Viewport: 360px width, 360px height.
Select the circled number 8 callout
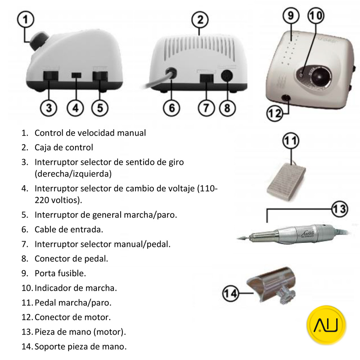(x=227, y=108)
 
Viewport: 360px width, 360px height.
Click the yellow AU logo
(x=327, y=325)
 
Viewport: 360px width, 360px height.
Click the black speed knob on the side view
(x=37, y=41)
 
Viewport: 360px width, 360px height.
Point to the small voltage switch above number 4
(x=76, y=75)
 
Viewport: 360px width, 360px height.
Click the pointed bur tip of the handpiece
(x=240, y=238)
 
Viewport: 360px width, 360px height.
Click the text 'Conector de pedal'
(x=66, y=258)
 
